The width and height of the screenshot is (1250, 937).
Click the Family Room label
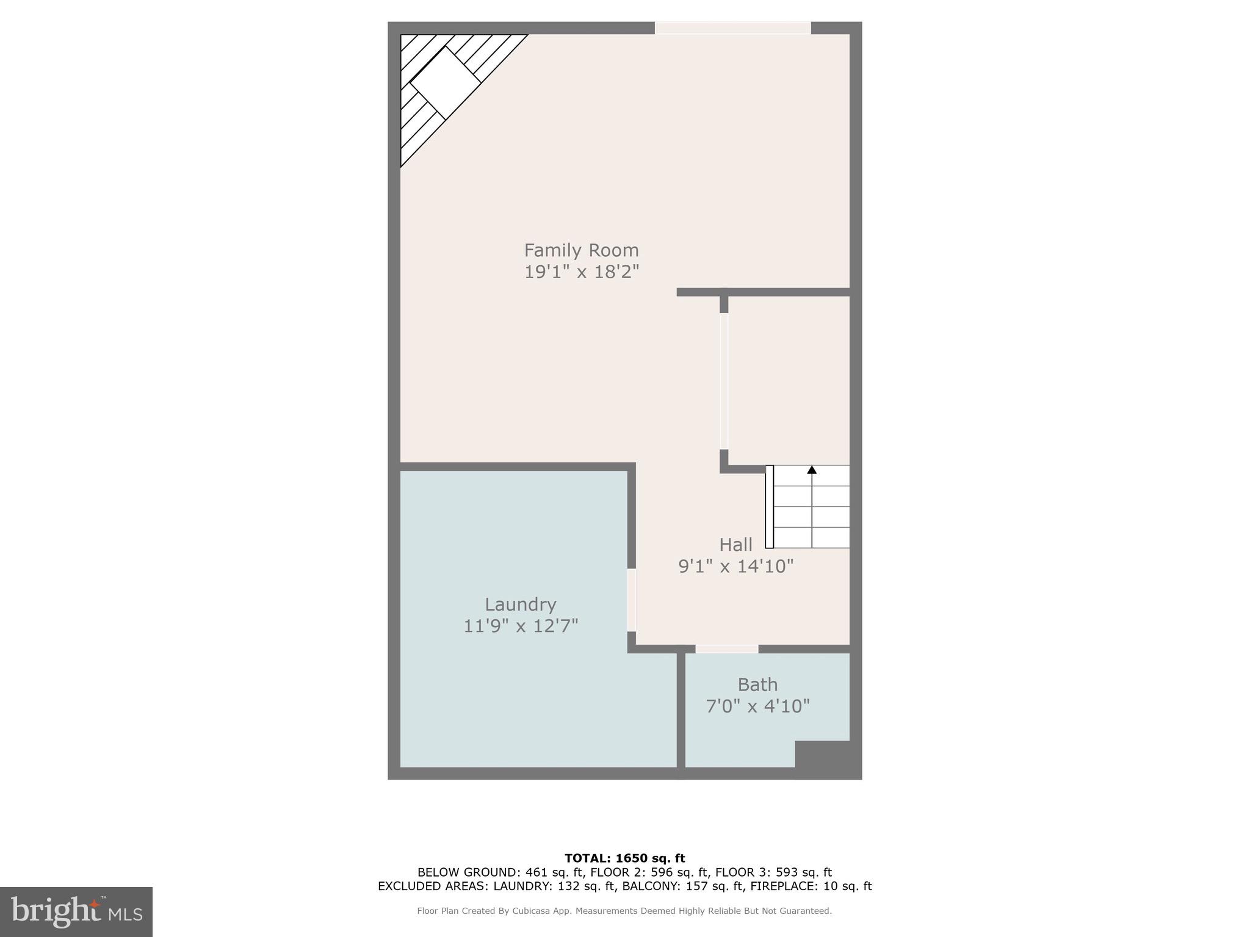click(x=581, y=250)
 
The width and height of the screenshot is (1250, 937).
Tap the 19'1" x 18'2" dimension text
click(x=581, y=271)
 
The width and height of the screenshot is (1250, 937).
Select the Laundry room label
click(x=520, y=605)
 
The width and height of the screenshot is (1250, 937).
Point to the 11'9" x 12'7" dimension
click(x=520, y=626)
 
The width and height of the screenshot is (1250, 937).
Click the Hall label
click(x=735, y=545)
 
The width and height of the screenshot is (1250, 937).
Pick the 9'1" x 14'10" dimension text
click(x=735, y=566)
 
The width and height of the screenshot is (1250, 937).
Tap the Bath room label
click(x=757, y=684)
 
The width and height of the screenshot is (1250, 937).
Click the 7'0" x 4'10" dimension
click(x=757, y=706)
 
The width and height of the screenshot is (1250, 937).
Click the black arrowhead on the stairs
click(x=812, y=470)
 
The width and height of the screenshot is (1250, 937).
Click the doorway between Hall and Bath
click(x=727, y=648)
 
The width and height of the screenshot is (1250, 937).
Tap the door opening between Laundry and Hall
click(x=632, y=600)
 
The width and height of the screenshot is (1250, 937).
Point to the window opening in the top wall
click(x=732, y=28)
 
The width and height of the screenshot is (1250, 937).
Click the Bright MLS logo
click(x=76, y=911)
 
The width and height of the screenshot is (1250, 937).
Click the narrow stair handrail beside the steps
click(x=770, y=506)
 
